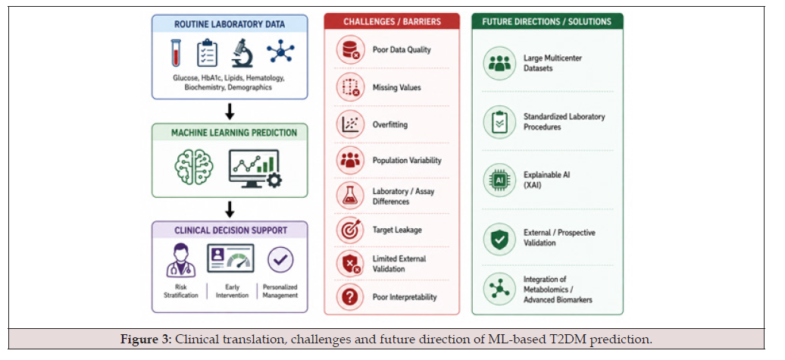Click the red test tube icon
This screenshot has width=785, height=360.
tap(175, 52)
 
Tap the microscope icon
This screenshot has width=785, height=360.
tap(242, 53)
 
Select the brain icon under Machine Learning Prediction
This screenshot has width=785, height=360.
tap(194, 167)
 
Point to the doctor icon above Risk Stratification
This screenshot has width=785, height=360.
tap(181, 260)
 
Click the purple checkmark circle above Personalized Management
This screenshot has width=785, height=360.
tap(280, 260)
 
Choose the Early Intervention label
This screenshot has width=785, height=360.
tap(233, 291)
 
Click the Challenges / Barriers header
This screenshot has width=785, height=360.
tap(392, 21)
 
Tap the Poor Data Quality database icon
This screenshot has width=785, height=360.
tap(350, 49)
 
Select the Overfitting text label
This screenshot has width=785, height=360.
tap(390, 124)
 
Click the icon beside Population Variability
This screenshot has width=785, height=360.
tap(350, 160)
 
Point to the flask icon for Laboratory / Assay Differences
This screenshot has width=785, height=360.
tap(350, 196)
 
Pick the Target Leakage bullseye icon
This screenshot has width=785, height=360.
tap(350, 230)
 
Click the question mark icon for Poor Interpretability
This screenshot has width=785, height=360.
tap(350, 297)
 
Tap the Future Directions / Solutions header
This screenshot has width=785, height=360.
tap(547, 21)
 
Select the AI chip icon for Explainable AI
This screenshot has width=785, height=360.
tap(499, 180)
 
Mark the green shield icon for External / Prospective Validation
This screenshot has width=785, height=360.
tap(499, 239)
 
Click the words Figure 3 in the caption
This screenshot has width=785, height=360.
tap(145, 340)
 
